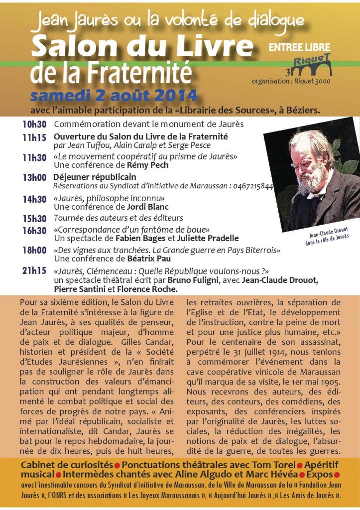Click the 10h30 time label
[x=34, y=125]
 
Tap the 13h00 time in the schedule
[x=34, y=177]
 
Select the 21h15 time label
[x=34, y=270]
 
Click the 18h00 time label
[x=34, y=250]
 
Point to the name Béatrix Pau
[x=149, y=258]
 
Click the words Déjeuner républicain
[x=95, y=177]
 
